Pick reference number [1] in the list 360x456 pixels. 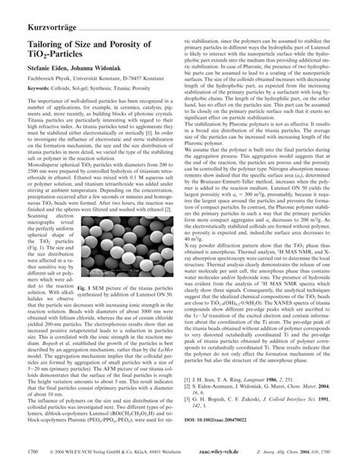[189, 387]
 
